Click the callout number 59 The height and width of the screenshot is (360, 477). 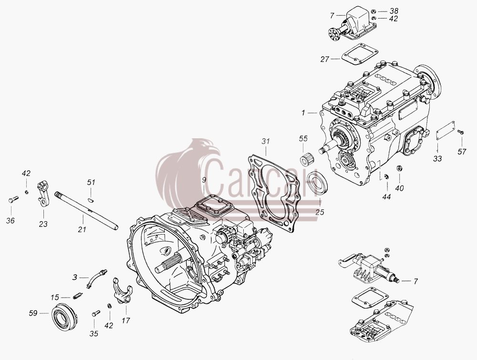coord(33,313)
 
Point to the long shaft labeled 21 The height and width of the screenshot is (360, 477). coord(86,211)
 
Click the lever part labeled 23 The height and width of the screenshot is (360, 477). coord(43,194)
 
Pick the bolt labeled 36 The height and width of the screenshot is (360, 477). coord(12,199)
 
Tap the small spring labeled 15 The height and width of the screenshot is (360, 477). coord(78,296)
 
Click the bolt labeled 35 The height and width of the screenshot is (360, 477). coord(95,312)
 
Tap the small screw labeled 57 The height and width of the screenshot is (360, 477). coord(461,132)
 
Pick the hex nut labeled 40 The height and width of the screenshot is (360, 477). coord(398,168)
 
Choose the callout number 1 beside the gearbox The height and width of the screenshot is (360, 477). coord(303,113)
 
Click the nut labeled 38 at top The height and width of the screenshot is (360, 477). coord(373,11)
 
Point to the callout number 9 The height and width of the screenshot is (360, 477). coord(204,180)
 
